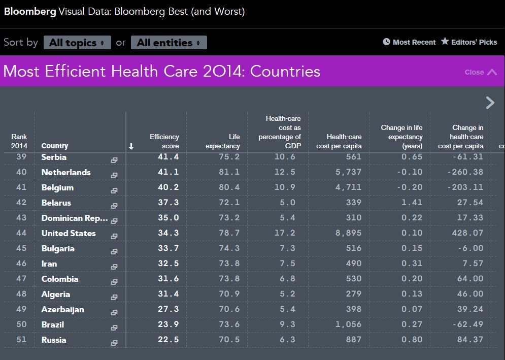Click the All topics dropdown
[77, 43]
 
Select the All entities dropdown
[169, 43]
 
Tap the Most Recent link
[409, 42]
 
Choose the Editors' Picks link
[469, 42]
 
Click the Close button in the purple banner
[481, 72]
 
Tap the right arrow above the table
[490, 103]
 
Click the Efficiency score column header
[164, 141]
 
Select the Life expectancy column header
[223, 141]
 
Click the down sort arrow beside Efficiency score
[131, 146]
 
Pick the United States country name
[69, 234]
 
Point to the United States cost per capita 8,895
[348, 233]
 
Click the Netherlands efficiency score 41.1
[168, 172]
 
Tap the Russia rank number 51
[21, 339]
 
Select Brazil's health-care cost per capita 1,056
[348, 324]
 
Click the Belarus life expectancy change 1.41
[412, 203]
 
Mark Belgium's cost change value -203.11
[465, 187]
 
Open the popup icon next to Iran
[114, 267]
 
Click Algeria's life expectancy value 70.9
[229, 294]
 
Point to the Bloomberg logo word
[30, 12]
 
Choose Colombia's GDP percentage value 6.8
[288, 279]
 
